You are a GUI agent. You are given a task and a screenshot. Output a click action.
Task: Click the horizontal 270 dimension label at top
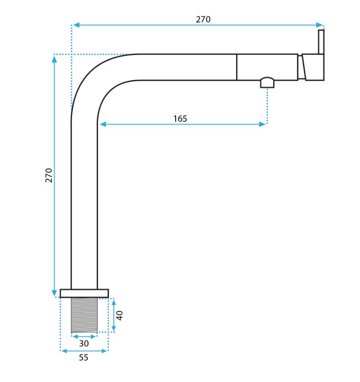(203, 19)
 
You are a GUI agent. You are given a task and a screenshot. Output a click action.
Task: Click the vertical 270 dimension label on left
(49, 175)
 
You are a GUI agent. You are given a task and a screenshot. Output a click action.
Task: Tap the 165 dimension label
(180, 119)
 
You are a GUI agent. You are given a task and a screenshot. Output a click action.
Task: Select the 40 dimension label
(119, 316)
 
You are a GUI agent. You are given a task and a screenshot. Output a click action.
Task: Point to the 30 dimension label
(84, 343)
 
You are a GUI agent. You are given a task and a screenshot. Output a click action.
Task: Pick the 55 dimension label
(84, 357)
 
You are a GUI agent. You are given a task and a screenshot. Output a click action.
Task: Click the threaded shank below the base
(84, 315)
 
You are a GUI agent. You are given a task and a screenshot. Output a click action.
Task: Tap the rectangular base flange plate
(84, 293)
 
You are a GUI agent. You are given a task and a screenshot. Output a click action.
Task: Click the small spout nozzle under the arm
(267, 83)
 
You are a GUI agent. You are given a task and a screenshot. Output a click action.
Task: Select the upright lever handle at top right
(321, 42)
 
